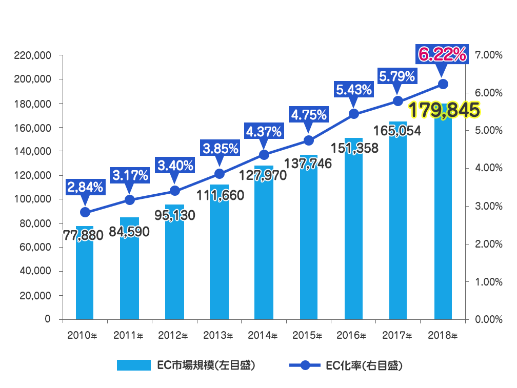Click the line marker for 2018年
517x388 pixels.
[443, 84]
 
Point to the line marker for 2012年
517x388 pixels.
[174, 191]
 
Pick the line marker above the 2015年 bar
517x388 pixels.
[309, 140]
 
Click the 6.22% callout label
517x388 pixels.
[443, 54]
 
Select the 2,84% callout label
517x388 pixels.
[85, 187]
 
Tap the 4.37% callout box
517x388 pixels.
[264, 132]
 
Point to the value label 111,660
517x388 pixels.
[220, 195]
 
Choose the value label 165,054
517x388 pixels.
[397, 131]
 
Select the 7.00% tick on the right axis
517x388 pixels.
[488, 55]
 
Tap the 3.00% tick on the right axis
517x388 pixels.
[488, 206]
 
